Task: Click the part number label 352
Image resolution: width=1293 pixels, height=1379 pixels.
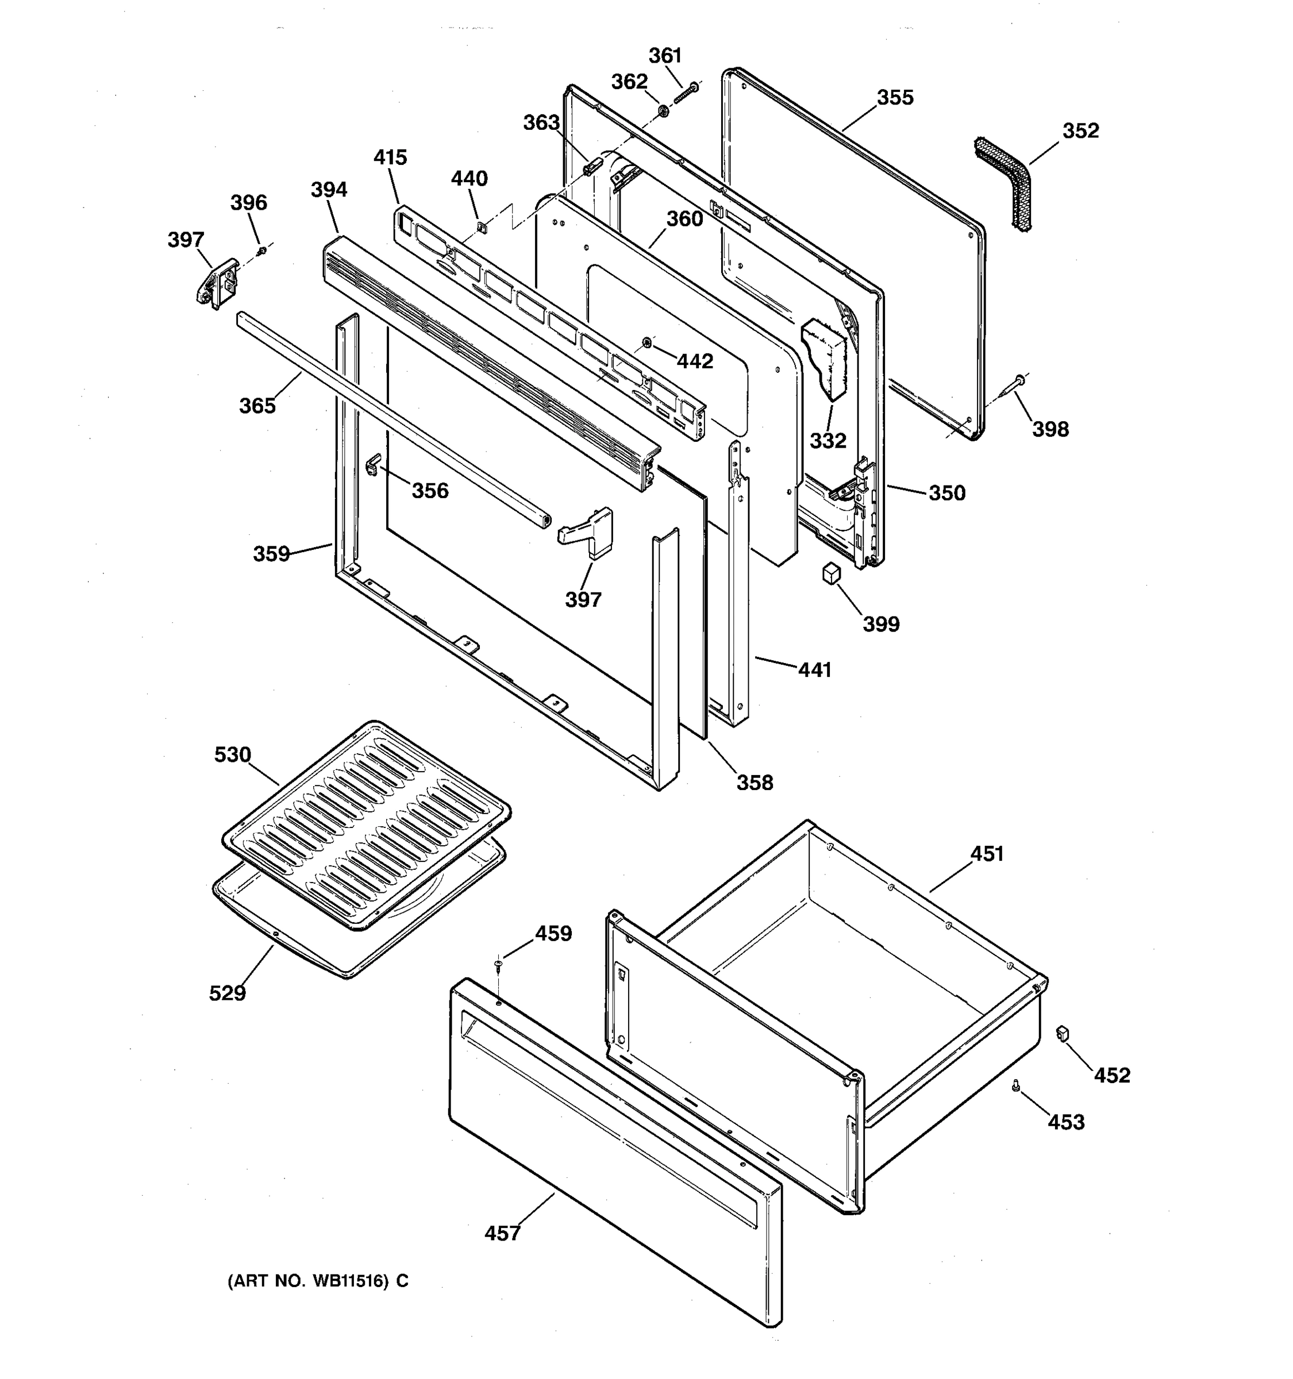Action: pos(1080,131)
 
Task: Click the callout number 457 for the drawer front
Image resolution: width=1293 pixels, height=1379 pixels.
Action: pos(502,1233)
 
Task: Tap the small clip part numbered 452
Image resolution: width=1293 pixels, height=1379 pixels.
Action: pos(1062,1034)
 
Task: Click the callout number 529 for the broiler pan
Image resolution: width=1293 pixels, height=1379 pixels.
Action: pos(228,993)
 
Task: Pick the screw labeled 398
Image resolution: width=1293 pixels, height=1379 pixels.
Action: pos(1015,382)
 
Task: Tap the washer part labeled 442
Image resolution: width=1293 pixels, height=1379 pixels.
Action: pos(646,342)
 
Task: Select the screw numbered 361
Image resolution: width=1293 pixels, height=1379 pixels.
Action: pos(686,93)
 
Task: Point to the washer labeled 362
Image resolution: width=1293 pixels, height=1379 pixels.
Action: pos(663,110)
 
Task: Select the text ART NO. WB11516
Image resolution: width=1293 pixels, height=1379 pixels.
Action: pos(318,1281)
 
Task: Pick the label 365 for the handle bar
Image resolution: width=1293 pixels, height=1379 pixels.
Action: pos(257,406)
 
